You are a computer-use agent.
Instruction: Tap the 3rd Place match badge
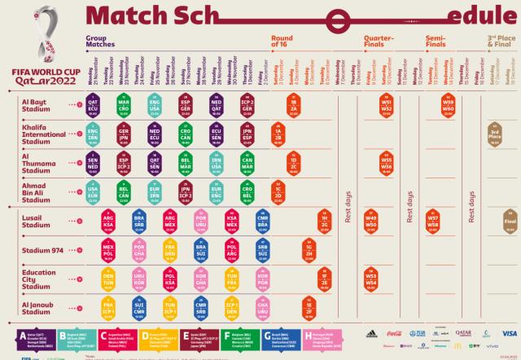point(494,133)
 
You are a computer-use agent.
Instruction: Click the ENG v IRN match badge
point(94,133)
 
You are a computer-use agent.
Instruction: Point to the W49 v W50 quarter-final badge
point(371,221)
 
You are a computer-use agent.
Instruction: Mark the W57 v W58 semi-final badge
point(433,221)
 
